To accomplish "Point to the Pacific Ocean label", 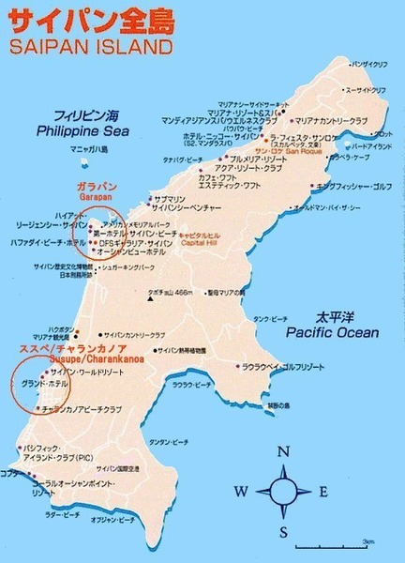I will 332,332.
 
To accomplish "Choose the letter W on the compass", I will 241,492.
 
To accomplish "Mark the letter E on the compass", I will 323,492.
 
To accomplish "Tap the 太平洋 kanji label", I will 332,317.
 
